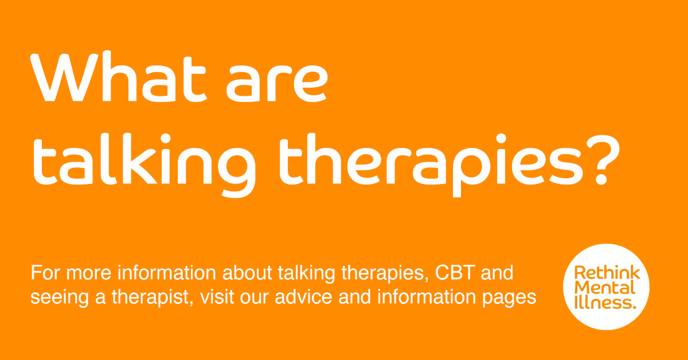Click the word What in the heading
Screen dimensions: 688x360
[118, 76]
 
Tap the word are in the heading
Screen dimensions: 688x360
[277, 83]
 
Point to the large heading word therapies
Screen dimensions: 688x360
[431, 165]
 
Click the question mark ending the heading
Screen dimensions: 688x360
[603, 160]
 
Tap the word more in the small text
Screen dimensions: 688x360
[88, 273]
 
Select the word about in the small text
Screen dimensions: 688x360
[247, 272]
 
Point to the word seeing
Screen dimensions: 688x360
[60, 298]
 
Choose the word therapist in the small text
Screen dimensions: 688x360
[153, 298]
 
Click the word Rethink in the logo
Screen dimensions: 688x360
[607, 273]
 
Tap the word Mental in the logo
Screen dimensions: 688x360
[605, 288]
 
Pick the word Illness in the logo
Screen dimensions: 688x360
[605, 302]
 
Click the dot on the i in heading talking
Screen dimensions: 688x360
[166, 138]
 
